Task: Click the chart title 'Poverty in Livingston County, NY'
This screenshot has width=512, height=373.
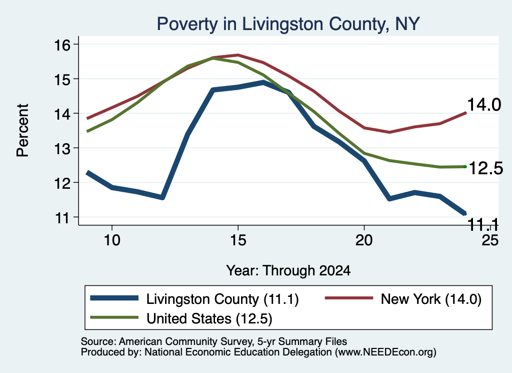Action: click(288, 24)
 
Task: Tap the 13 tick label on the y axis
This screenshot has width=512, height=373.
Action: click(62, 148)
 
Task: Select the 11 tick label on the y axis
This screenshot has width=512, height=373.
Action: click(62, 218)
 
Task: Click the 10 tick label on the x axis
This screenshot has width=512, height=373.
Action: click(112, 240)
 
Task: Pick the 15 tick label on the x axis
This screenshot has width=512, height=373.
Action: click(238, 240)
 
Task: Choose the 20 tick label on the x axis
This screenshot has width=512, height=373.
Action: click(364, 240)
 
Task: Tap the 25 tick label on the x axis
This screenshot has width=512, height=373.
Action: click(490, 240)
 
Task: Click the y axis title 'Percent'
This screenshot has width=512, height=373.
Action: click(23, 131)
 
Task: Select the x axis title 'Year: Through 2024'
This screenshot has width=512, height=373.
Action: click(288, 271)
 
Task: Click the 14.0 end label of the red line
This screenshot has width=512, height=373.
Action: click(484, 105)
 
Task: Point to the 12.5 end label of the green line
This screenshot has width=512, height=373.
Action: click(486, 169)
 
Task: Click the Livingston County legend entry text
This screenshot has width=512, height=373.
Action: click(222, 299)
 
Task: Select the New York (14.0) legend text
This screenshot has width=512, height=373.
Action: click(431, 299)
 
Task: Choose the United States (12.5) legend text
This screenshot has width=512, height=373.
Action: click(209, 318)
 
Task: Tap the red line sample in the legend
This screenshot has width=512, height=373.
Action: click(348, 298)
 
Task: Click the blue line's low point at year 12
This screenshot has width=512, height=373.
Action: click(162, 197)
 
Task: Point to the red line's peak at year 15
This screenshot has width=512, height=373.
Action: click(238, 55)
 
